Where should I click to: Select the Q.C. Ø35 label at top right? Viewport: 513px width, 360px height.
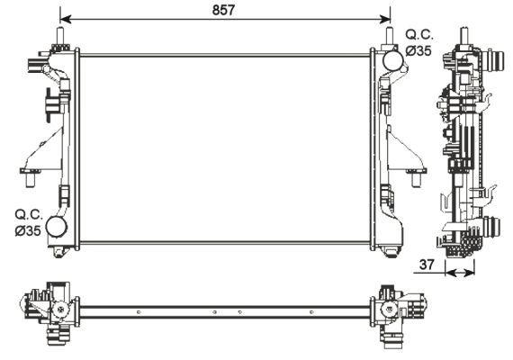(418, 42)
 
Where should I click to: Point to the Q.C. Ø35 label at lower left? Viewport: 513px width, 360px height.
(27, 222)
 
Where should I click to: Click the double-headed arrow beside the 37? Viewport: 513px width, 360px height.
(460, 272)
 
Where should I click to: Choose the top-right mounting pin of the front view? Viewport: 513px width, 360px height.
(390, 37)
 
